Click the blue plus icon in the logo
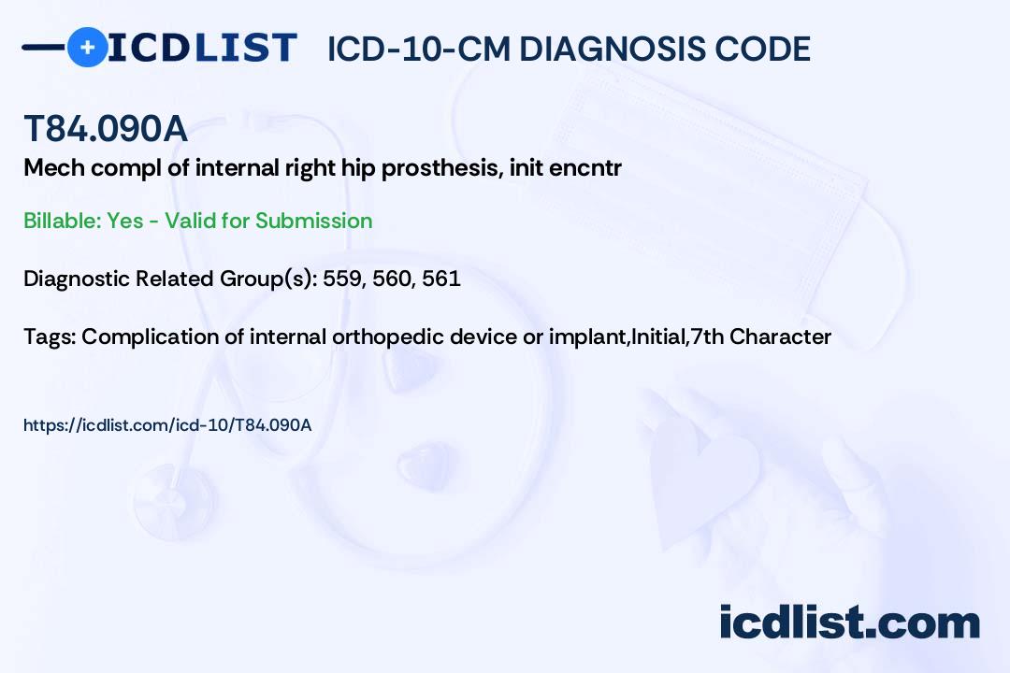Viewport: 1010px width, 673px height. [x=88, y=48]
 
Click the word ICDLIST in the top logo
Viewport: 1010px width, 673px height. [x=202, y=48]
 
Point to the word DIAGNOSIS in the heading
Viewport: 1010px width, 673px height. [x=603, y=49]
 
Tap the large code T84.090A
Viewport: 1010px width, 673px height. [x=106, y=128]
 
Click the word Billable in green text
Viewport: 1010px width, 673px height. [x=62, y=221]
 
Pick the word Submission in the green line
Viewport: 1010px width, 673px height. [x=313, y=221]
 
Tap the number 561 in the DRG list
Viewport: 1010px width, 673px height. [x=441, y=279]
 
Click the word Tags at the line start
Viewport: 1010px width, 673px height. [x=50, y=336]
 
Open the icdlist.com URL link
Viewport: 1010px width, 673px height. [x=167, y=425]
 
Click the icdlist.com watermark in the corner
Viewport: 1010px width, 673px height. [x=849, y=622]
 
